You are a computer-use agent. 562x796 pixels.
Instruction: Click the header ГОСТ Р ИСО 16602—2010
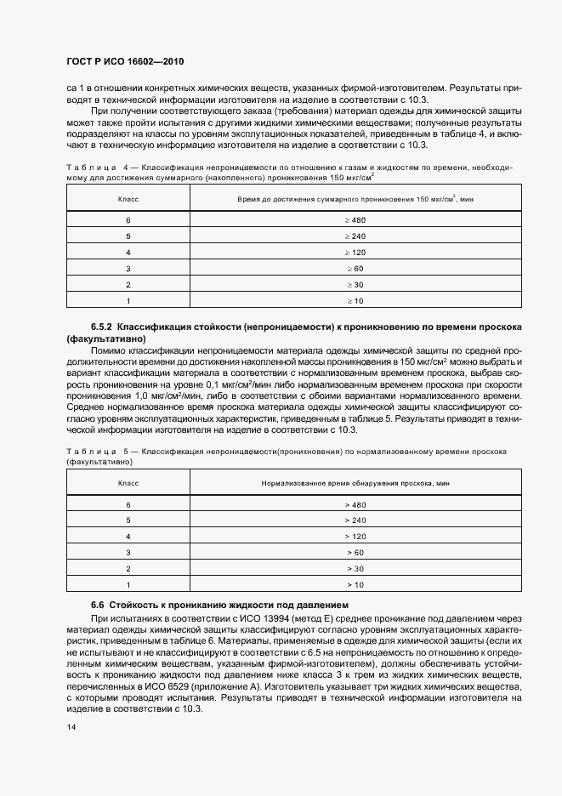(x=124, y=62)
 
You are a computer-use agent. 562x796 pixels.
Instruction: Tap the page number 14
(x=71, y=728)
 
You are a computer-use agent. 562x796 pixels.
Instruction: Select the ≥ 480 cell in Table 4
(x=355, y=220)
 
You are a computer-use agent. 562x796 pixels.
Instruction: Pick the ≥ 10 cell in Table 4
(x=355, y=301)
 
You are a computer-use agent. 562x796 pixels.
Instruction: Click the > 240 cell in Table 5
(x=355, y=520)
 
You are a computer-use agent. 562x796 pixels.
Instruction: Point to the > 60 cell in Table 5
(x=355, y=552)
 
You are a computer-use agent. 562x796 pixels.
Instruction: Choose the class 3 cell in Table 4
(x=128, y=269)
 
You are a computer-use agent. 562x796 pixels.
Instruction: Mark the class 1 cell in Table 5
(x=128, y=584)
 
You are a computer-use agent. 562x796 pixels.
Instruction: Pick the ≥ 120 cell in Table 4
(x=355, y=253)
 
